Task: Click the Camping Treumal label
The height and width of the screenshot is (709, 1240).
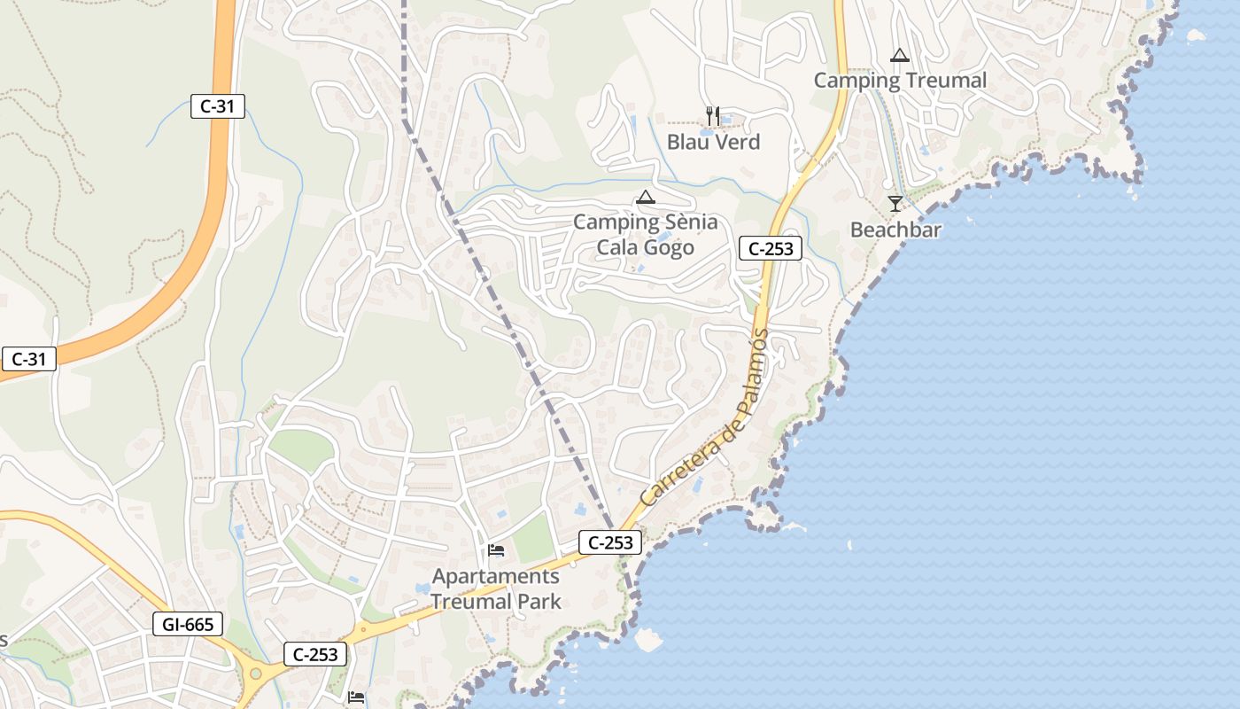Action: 900,81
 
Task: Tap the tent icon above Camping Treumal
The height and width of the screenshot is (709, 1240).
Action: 900,55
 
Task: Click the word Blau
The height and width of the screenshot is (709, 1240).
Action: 688,142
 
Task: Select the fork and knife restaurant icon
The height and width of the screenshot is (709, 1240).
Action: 713,115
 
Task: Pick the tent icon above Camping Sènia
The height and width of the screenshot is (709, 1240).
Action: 646,197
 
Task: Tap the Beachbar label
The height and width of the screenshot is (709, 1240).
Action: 895,230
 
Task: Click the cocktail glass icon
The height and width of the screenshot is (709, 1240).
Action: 895,204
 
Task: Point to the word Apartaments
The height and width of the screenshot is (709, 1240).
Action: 496,577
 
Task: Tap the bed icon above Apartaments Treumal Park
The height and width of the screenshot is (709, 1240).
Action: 496,551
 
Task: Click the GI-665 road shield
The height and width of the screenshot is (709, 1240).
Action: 188,624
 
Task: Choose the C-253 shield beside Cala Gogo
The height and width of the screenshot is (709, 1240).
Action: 771,249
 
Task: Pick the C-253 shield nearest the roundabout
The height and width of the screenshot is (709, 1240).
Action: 315,654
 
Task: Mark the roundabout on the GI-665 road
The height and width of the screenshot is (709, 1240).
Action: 256,674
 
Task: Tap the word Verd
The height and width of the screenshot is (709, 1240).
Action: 738,142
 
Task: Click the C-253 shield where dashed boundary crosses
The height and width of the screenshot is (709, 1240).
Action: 610,542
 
